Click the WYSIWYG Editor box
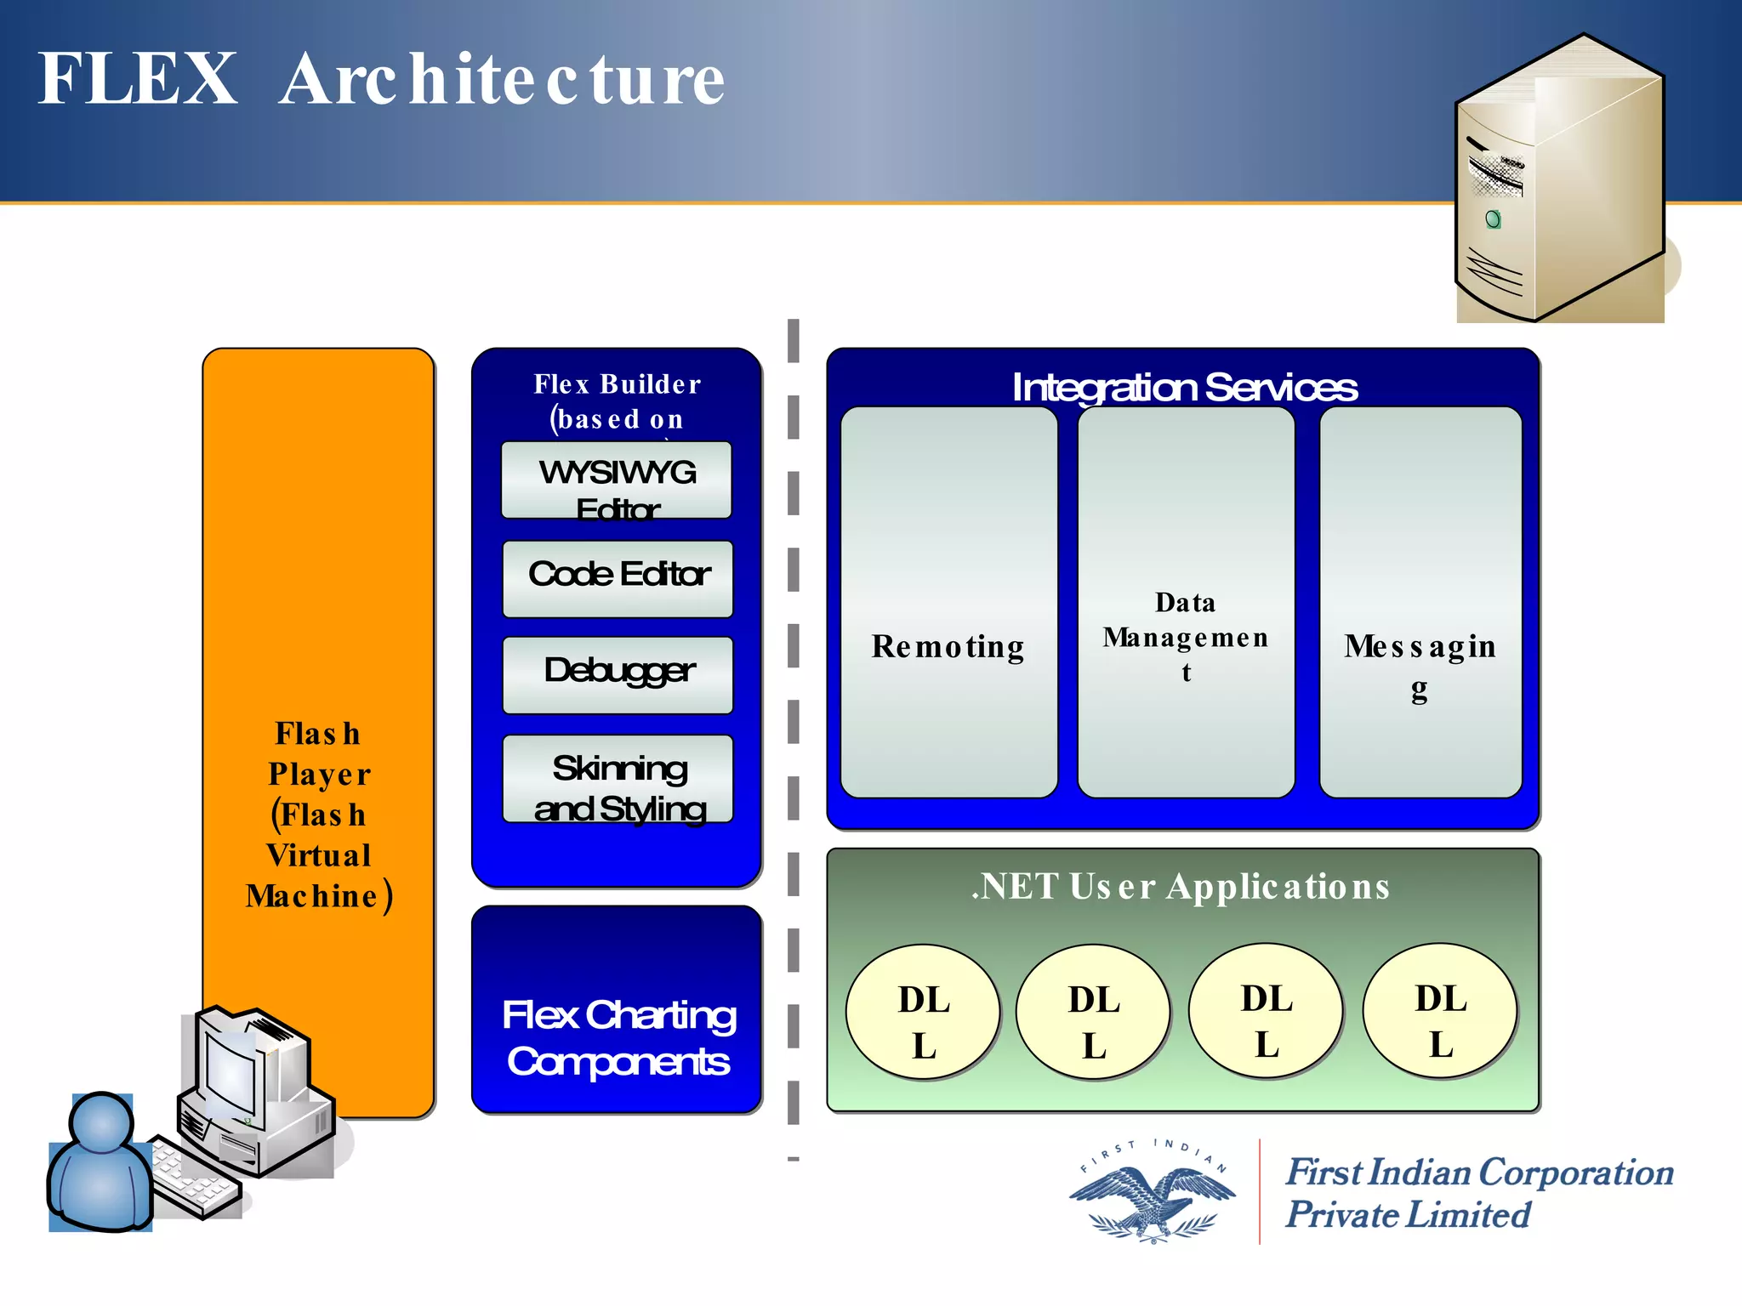click(x=617, y=480)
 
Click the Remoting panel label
click(x=948, y=647)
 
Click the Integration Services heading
click(x=1183, y=388)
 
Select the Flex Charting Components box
click(x=618, y=1037)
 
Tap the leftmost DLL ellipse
click(x=923, y=1013)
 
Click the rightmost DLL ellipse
click(x=1440, y=1011)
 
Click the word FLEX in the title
click(x=138, y=78)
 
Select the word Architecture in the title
click(x=502, y=80)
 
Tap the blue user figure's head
click(x=102, y=1123)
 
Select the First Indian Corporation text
click(x=1478, y=1173)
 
